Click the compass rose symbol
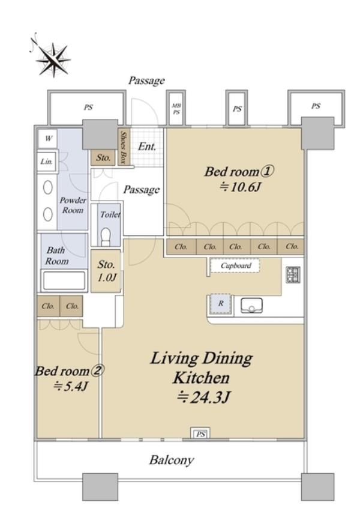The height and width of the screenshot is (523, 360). [x=53, y=59]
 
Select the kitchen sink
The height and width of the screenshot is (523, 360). [x=251, y=306]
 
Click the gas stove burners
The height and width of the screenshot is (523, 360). [x=293, y=275]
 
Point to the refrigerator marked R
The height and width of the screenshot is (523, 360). [x=220, y=304]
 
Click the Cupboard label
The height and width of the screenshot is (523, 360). [x=236, y=266]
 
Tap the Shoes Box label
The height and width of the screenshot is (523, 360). [x=124, y=147]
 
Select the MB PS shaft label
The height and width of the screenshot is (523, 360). [x=176, y=109]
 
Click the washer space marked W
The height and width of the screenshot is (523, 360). [x=47, y=138]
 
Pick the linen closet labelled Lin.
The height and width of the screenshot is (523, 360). [x=47, y=162]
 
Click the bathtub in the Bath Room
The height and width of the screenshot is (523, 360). [x=64, y=281]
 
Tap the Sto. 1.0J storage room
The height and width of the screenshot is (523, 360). [x=106, y=271]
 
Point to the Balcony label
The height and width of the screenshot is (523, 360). [x=172, y=460]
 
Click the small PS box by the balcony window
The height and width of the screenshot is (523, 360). [x=200, y=434]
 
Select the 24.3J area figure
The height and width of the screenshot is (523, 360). [x=203, y=398]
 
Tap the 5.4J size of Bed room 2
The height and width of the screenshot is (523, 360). [x=71, y=386]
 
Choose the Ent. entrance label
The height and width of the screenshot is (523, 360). [x=146, y=147]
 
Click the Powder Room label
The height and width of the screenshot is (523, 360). [x=73, y=205]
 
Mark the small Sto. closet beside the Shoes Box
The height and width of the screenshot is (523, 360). [x=103, y=157]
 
